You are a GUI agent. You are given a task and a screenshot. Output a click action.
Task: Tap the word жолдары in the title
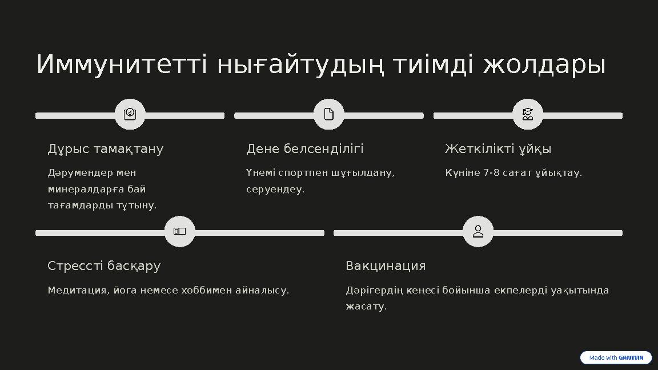(544, 65)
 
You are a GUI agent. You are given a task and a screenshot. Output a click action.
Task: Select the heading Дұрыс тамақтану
(106, 149)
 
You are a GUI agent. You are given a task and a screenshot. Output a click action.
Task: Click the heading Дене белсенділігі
(304, 149)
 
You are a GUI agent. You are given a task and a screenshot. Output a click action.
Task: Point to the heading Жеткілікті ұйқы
(498, 149)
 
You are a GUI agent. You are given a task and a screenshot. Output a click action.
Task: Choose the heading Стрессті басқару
(104, 266)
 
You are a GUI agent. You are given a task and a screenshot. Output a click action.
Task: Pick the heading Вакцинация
(386, 266)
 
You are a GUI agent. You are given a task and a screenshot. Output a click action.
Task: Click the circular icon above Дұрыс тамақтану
(130, 114)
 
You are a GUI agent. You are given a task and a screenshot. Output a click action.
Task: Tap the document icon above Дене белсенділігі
(329, 114)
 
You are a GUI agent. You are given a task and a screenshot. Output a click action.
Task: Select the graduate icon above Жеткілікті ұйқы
(528, 114)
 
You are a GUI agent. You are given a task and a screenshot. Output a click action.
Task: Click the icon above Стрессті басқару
(180, 231)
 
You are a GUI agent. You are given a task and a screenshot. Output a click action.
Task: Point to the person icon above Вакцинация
(478, 231)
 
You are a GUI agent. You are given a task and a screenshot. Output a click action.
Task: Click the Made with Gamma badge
(616, 358)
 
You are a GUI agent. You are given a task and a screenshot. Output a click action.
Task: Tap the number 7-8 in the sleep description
(492, 173)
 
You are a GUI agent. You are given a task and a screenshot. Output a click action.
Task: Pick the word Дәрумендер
(79, 173)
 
